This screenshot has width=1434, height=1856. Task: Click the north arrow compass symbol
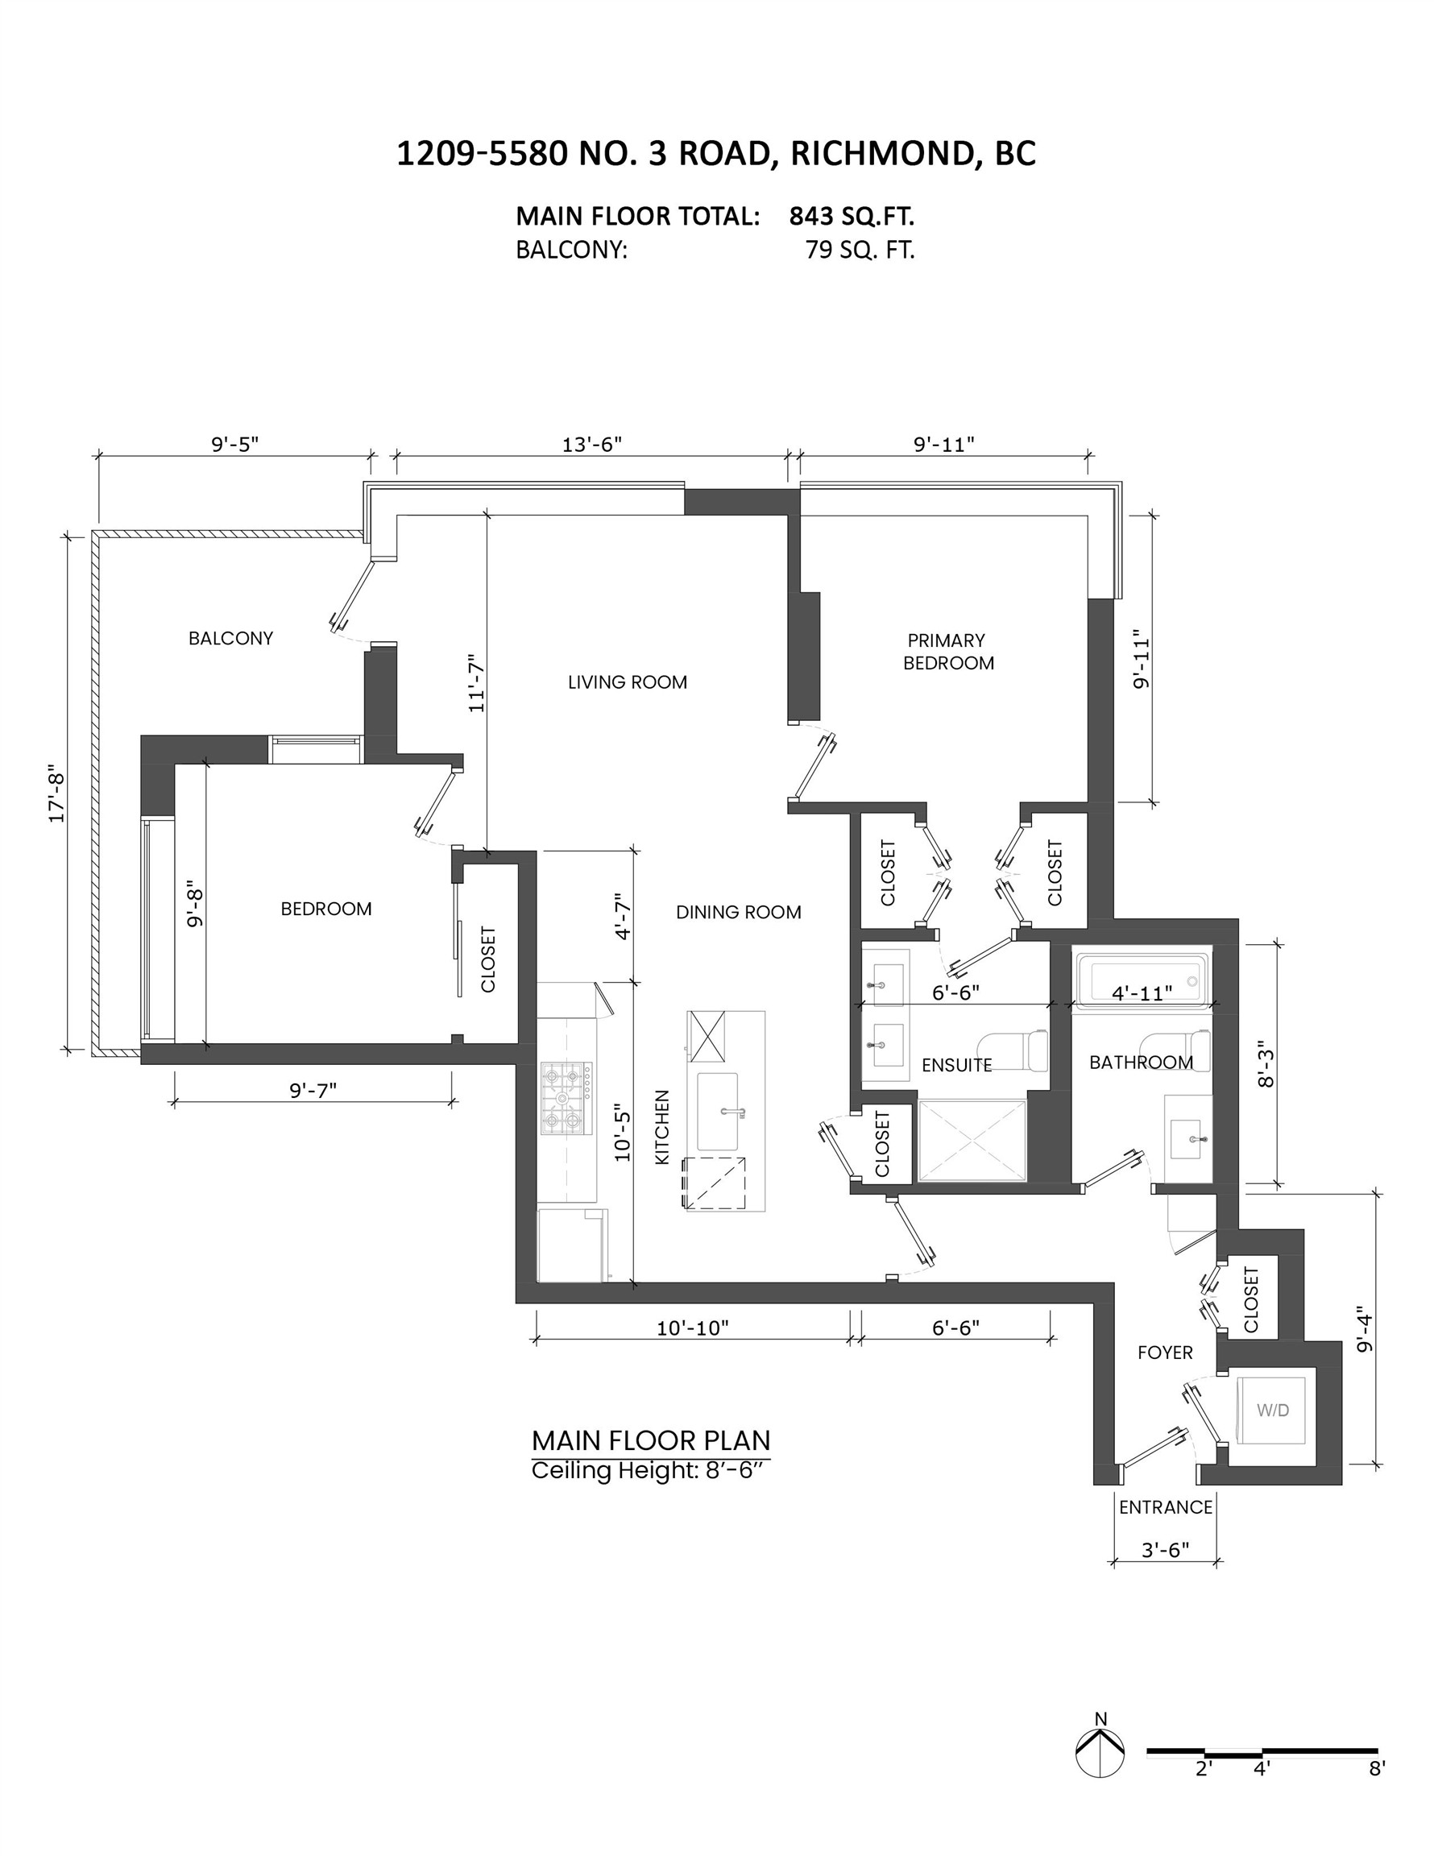coord(1100,1752)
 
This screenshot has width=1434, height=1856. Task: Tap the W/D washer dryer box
coord(1273,1410)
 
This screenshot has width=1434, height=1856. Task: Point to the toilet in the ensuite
coord(1017,1051)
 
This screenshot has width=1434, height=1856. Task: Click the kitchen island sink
coord(718,1112)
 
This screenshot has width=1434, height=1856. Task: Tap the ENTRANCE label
coord(1166,1506)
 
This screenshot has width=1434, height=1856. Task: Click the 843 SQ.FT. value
coord(851,217)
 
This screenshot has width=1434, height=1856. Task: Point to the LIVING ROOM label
coord(628,682)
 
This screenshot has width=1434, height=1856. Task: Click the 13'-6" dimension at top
coord(591,445)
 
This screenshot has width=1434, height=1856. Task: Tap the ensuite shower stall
coord(972,1141)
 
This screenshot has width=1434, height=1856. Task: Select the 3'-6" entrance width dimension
coord(1165,1549)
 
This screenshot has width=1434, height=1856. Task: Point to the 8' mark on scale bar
coord(1377,1768)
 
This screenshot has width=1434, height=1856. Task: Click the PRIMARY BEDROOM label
coord(947,652)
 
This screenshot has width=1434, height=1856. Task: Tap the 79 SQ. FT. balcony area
coord(860,251)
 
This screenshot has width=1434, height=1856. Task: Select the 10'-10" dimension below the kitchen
coord(693,1328)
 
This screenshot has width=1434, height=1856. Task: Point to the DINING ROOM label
coord(738,913)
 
